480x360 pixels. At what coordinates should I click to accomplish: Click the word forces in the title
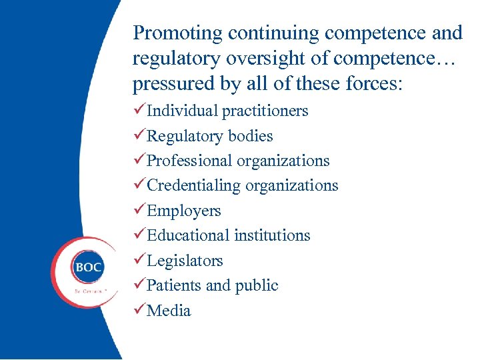pos(373,85)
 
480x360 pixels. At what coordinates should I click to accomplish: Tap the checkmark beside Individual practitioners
pos(139,110)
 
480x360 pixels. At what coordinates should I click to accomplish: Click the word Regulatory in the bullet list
pos(185,136)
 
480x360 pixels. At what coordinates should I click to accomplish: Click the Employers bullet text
pos(183,211)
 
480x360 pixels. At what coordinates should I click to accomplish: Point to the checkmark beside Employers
pos(139,210)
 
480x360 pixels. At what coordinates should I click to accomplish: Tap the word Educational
pos(188,235)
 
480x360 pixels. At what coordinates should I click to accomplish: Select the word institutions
pos(273,235)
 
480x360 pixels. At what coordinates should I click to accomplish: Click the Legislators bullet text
pos(185,261)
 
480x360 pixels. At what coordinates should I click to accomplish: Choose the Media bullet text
pos(169,311)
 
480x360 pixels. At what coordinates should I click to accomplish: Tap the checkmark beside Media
pos(139,310)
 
